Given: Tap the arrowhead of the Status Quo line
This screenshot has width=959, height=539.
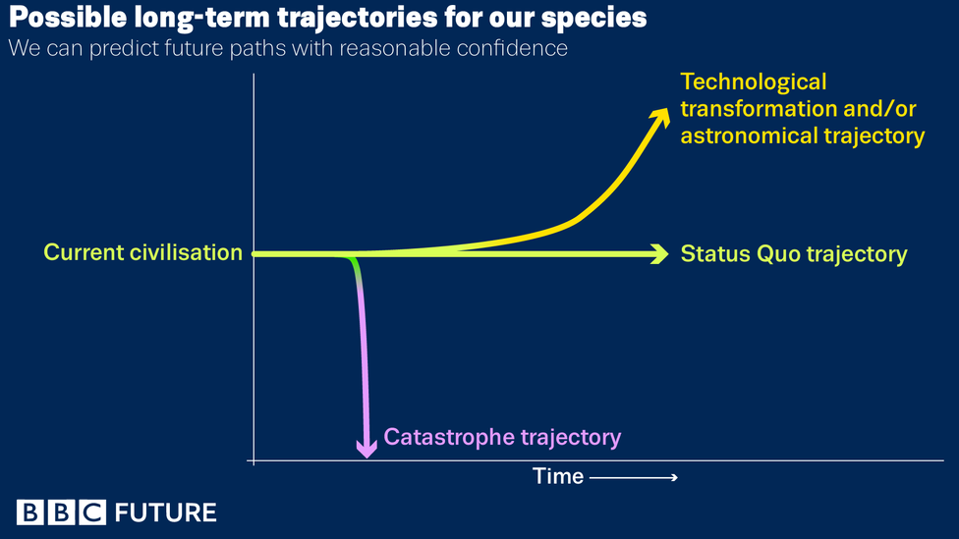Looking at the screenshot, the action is (660, 253).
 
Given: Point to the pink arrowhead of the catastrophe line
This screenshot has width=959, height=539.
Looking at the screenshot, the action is (367, 449).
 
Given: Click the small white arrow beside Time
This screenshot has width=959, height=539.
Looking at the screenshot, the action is (634, 477).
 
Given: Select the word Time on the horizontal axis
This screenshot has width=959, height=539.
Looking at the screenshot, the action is (558, 476).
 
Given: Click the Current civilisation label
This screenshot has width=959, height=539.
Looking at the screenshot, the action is (143, 252).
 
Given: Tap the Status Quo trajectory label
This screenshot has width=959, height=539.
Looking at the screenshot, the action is (794, 254).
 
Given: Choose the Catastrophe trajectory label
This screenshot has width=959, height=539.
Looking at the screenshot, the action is (502, 437).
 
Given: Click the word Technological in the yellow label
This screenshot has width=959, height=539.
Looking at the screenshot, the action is (754, 81).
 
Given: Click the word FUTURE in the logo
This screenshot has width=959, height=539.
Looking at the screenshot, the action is (165, 512).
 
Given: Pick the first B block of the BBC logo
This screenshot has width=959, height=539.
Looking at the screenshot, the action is (29, 512).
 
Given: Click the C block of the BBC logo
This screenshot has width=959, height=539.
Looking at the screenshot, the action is (92, 512).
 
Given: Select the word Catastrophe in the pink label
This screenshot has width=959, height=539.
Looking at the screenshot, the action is (448, 437).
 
